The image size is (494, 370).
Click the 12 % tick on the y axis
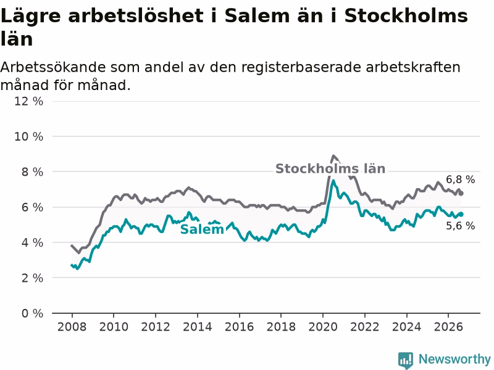pos(28,101)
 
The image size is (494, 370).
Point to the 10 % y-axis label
pos(28,136)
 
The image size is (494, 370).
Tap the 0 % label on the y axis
pos(32,313)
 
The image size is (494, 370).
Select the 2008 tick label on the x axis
pos(72,327)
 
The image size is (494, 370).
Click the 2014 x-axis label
pos(197,327)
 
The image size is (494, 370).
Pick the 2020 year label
pos(322,327)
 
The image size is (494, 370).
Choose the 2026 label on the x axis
pos(448,327)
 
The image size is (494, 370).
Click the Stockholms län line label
pos(330,168)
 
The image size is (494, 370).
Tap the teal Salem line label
pos(202,229)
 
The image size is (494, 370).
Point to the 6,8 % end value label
pos(460,179)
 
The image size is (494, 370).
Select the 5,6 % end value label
pos(460,226)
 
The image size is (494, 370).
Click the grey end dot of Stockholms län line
pos(461,193)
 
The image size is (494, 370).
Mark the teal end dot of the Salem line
pos(461,214)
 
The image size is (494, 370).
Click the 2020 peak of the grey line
pos(333,156)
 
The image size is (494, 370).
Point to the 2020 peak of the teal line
pos(333,181)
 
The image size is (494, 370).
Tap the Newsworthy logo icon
pos(406,360)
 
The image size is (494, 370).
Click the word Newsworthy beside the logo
pos(454,359)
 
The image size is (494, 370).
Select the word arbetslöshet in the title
pos(136,16)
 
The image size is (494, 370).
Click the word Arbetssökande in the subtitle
pos(53,67)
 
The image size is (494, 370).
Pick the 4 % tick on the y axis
pos(32,242)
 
